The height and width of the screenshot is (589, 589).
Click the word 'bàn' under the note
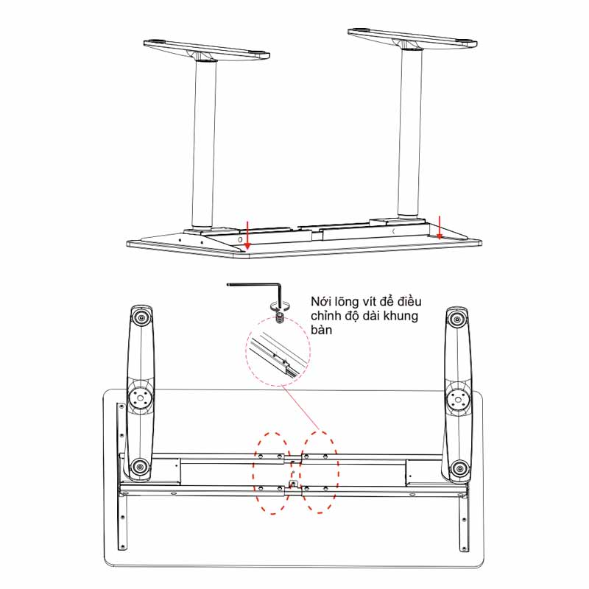(321, 330)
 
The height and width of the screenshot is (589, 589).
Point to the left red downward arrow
(247, 235)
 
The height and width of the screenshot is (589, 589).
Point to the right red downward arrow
(439, 228)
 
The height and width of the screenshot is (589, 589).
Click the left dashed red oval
(272, 473)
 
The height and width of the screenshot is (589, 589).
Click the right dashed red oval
(320, 472)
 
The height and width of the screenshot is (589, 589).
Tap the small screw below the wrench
(279, 320)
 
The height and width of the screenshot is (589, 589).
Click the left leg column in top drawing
(205, 144)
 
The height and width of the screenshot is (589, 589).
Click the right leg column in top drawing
(410, 133)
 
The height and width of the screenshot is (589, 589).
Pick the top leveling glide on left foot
(141, 318)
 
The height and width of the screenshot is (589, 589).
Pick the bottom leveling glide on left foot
(140, 468)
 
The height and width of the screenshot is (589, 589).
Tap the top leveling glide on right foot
(456, 320)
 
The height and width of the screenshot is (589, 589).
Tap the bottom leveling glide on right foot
(459, 468)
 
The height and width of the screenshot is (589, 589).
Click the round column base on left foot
(141, 398)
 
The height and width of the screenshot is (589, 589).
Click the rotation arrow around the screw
(280, 306)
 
